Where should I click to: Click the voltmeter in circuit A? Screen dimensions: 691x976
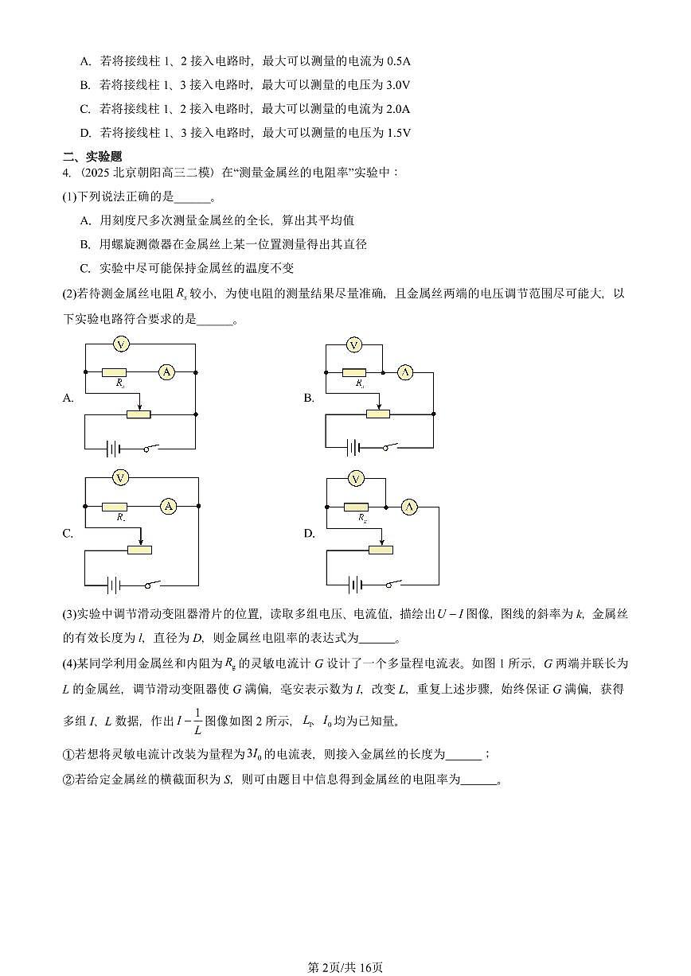[120, 344]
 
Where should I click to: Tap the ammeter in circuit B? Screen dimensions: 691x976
[405, 372]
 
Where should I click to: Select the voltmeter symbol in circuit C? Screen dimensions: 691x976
[120, 477]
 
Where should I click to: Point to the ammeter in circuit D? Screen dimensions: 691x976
[408, 507]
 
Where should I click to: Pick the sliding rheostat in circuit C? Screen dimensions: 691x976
[139, 549]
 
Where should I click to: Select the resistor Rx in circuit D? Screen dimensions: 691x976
[355, 507]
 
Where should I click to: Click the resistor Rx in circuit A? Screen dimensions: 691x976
[115, 371]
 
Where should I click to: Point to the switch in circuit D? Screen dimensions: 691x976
[391, 585]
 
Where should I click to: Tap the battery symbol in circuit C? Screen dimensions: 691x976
[113, 585]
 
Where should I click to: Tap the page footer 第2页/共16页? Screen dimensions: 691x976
[345, 966]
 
